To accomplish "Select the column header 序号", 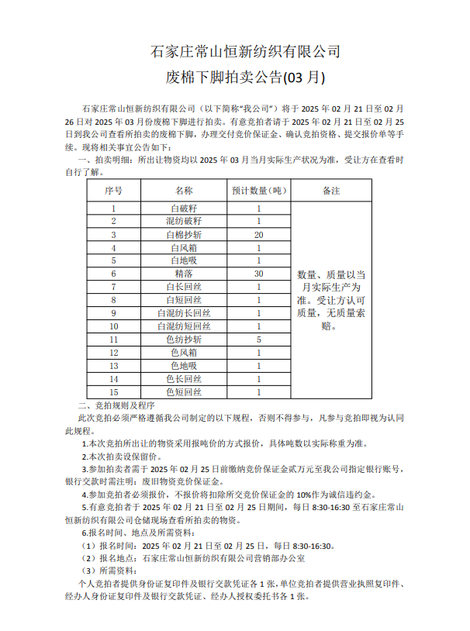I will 113,190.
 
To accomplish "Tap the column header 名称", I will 184,190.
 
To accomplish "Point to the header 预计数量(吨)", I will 258,190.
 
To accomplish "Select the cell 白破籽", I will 184,209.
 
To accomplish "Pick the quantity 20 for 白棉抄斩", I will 258,234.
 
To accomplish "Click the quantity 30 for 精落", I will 258,274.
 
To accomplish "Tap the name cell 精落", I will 184,274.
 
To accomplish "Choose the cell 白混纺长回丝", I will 184,313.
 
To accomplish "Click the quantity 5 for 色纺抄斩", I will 258,340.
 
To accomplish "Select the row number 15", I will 113,392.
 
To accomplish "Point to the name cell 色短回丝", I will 184,392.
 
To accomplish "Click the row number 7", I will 113,287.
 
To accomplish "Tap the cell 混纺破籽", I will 184,221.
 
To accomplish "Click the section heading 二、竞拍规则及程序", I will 116,405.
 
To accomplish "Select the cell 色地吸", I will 184,366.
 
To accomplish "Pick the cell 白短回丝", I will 184,300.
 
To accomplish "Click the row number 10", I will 113,326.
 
